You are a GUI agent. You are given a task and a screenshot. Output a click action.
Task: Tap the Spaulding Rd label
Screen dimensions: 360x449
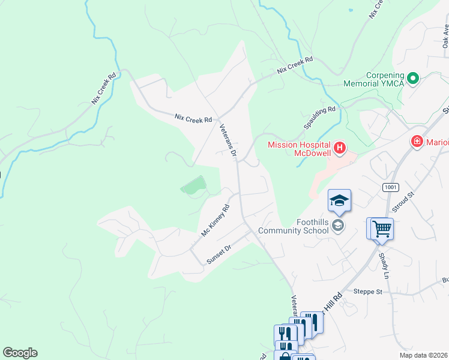[319, 118]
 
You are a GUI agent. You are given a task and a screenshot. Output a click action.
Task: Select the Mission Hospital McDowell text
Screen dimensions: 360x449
[300, 148]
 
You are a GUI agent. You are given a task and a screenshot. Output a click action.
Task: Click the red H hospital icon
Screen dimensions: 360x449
[340, 148]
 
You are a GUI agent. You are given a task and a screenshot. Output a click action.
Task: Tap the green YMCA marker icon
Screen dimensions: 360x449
[413, 78]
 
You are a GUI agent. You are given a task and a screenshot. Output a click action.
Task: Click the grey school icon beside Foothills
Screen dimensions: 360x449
[339, 226]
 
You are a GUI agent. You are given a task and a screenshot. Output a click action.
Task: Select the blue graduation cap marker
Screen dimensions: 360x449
[339, 201]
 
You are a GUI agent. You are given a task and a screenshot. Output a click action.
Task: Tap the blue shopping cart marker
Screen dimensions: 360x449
[381, 229]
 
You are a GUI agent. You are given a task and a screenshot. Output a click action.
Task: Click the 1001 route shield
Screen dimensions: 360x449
[391, 188]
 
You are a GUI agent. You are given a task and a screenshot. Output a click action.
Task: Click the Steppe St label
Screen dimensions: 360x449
[367, 292]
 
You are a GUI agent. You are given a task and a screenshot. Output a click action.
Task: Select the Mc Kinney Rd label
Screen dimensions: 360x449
[215, 220]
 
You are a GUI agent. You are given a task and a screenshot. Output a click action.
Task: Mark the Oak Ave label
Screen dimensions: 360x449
[445, 36]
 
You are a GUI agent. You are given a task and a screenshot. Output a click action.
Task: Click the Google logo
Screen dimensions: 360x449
[20, 353]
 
